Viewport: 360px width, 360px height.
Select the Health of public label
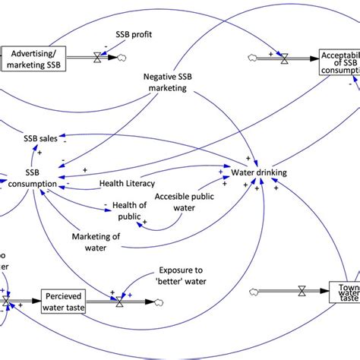(129, 211)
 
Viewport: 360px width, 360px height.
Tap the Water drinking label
(259, 172)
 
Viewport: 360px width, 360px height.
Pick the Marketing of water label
(96, 242)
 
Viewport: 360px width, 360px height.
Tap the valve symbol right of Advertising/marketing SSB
(97, 57)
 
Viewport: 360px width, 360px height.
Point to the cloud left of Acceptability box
(254, 57)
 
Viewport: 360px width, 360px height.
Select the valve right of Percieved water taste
(118, 302)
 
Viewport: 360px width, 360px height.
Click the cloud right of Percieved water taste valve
(156, 302)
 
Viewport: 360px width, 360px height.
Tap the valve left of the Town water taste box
(302, 289)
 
